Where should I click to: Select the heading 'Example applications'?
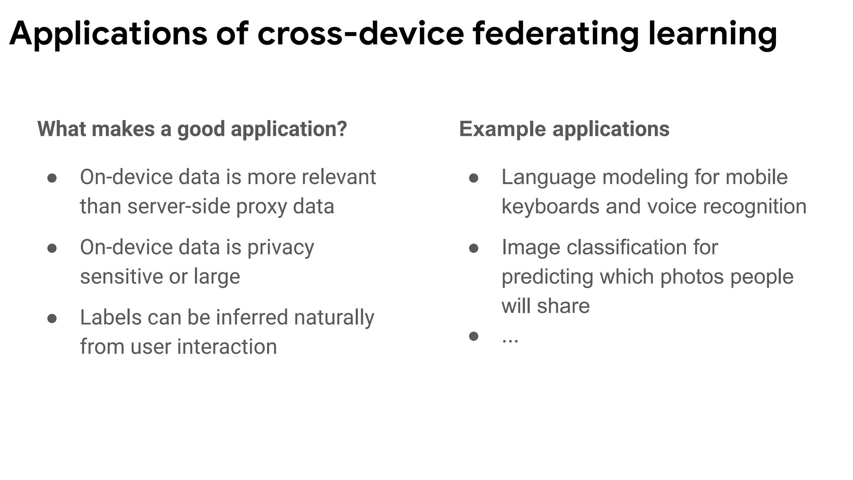pos(564,129)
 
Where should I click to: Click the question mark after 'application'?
pos(342,129)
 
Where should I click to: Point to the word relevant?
pos(339,177)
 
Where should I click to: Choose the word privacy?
pos(281,247)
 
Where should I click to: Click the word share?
pos(563,306)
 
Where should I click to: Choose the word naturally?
pos(334,317)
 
